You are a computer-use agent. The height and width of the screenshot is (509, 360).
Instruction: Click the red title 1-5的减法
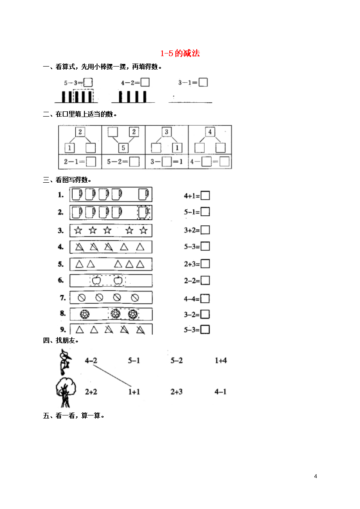coord(180,53)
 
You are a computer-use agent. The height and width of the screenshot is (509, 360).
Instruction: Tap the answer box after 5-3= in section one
coord(88,83)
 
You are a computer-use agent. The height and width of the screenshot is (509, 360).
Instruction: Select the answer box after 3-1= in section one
coord(203,82)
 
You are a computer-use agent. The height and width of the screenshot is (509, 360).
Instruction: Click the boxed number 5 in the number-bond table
coord(123,148)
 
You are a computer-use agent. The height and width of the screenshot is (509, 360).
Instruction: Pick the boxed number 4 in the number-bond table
coord(210,132)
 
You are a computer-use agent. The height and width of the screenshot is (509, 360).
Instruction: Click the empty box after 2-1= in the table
coord(91,162)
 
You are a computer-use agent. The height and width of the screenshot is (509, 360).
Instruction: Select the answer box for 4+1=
coord(205,195)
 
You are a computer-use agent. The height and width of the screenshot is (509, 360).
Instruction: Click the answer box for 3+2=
coord(205,230)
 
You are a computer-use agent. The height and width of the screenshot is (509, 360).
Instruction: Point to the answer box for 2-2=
coord(205,280)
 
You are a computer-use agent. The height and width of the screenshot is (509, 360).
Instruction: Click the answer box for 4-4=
coord(205,298)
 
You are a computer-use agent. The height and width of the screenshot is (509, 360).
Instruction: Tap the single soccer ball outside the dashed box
coord(85,314)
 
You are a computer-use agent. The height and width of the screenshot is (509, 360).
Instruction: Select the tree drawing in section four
coord(66,392)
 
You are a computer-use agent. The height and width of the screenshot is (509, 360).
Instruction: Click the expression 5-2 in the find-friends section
coord(176,360)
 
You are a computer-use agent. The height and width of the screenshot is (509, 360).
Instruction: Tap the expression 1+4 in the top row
coord(221,360)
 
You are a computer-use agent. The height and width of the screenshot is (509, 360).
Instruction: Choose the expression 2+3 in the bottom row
coord(176,392)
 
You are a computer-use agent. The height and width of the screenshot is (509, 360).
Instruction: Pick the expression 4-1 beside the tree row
coord(220,392)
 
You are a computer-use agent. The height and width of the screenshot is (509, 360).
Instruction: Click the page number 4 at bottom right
coord(316,476)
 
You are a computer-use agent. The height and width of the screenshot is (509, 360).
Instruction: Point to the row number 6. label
coord(61,280)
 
